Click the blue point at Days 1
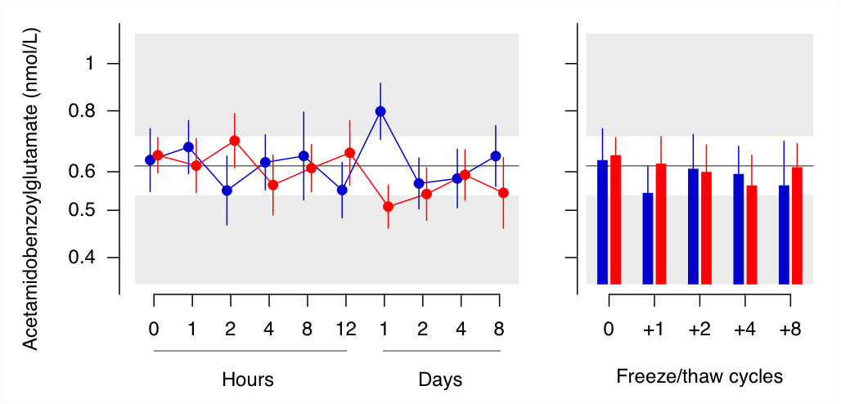coord(380,111)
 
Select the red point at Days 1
coord(389,207)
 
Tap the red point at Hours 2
coord(235,141)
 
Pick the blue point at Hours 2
coord(227,190)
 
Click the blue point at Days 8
coord(496,156)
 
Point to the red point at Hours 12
coord(349,153)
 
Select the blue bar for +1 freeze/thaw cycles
coord(648,238)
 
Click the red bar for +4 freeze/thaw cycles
coord(752,235)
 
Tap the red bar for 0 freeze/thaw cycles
coord(616,219)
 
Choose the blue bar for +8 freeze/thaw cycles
coord(785,235)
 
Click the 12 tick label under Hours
coord(345,328)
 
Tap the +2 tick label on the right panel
coord(699,328)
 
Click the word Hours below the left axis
coord(248,379)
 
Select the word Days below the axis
coord(440,379)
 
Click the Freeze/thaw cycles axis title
coord(699,377)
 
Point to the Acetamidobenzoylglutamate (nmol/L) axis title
coord(32,188)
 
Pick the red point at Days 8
coord(503,193)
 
